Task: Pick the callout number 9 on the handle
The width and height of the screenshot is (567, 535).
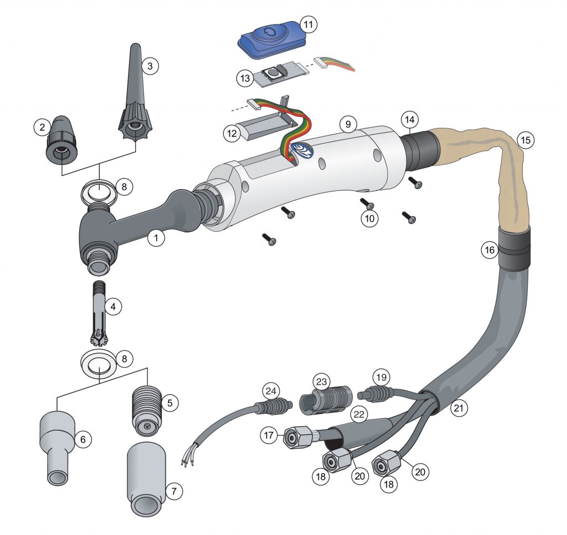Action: tap(348, 124)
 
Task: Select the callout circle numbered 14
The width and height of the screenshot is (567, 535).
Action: tap(409, 120)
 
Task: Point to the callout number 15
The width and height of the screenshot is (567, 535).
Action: tap(525, 140)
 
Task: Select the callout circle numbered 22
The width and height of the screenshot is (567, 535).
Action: tap(359, 414)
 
